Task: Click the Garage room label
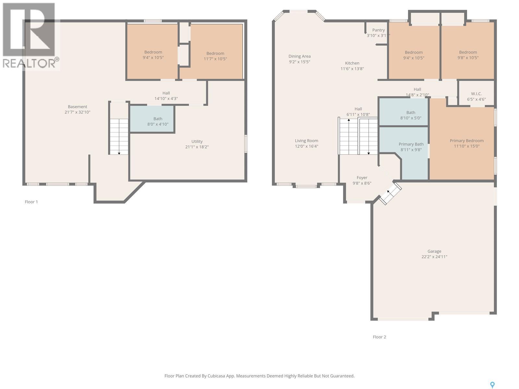434,251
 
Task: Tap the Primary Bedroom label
466,141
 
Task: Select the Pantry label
378,30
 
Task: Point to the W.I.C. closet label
476,94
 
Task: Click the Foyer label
362,178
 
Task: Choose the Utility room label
197,141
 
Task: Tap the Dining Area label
299,56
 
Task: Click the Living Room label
306,141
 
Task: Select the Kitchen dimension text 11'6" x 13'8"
352,69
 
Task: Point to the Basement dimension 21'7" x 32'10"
77,112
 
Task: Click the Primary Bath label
411,144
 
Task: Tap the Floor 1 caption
31,202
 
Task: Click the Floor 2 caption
379,337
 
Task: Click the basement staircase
119,136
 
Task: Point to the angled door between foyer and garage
390,194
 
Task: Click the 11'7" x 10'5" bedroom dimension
215,59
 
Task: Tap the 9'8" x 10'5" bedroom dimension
468,58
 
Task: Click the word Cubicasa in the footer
217,376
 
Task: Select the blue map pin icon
492,385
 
